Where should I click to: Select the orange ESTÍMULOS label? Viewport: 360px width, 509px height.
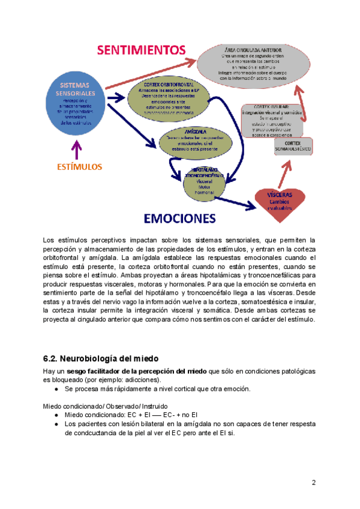pyautogui.click(x=76, y=166)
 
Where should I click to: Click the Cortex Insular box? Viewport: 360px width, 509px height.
pyautogui.click(x=272, y=119)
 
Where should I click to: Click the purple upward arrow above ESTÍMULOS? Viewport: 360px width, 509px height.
pyautogui.click(x=76, y=148)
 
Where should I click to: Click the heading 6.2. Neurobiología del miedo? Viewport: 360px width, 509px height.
pyautogui.click(x=100, y=358)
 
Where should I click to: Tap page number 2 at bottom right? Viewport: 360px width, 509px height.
pyautogui.click(x=313, y=483)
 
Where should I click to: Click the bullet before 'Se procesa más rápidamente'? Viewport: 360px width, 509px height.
pyautogui.click(x=56, y=388)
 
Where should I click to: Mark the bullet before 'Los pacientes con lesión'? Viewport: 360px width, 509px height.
pyautogui.click(x=56, y=424)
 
